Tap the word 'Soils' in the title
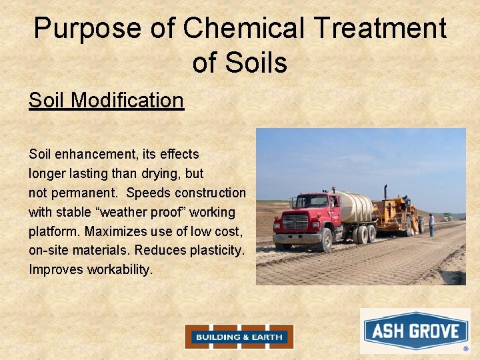pyautogui.click(x=257, y=63)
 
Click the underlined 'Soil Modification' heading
pyautogui.click(x=106, y=101)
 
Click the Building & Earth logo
pyautogui.click(x=239, y=337)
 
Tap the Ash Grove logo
pyautogui.click(x=415, y=331)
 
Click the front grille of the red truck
pyautogui.click(x=295, y=222)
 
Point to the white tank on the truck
pyautogui.click(x=353, y=206)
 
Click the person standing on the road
pyautogui.click(x=431, y=225)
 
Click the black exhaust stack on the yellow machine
pyautogui.click(x=385, y=192)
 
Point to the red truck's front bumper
pyautogui.click(x=297, y=238)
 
